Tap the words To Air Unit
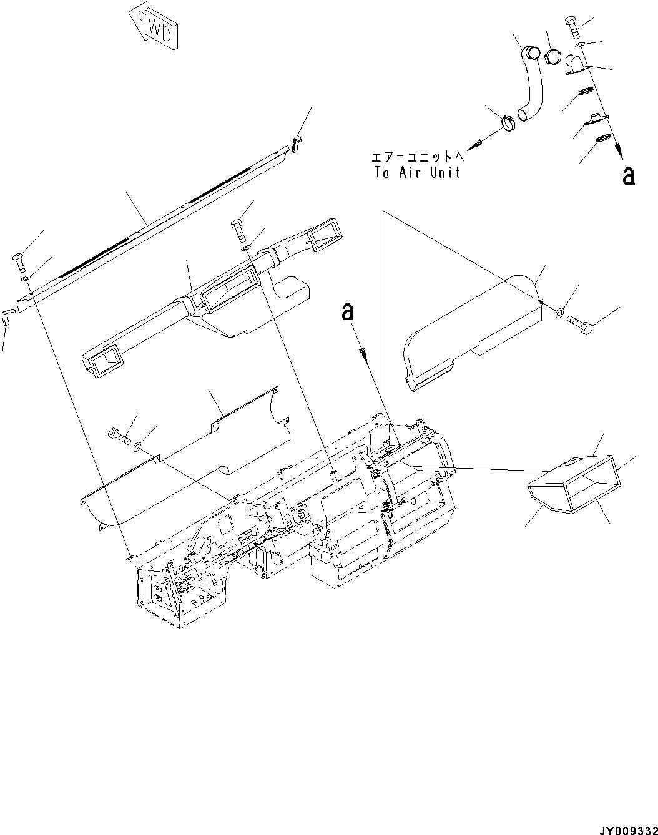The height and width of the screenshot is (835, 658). (x=417, y=173)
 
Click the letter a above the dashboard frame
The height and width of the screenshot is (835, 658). (x=348, y=311)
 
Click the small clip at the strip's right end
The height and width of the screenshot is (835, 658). (x=297, y=143)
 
